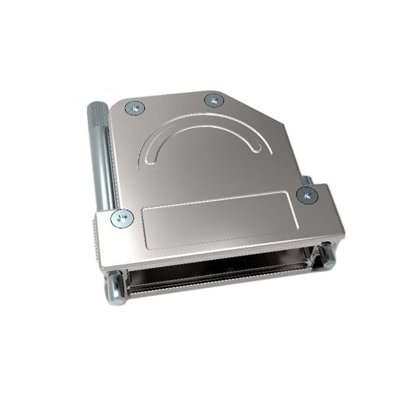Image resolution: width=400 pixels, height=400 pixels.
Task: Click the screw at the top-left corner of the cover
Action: (x=135, y=109)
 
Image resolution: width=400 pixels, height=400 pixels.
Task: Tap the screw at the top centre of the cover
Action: (x=213, y=100)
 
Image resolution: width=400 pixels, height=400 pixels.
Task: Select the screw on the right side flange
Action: (x=307, y=195)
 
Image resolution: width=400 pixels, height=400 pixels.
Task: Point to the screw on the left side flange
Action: (x=122, y=218)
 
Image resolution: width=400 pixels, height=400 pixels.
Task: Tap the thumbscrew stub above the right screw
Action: (x=307, y=181)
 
